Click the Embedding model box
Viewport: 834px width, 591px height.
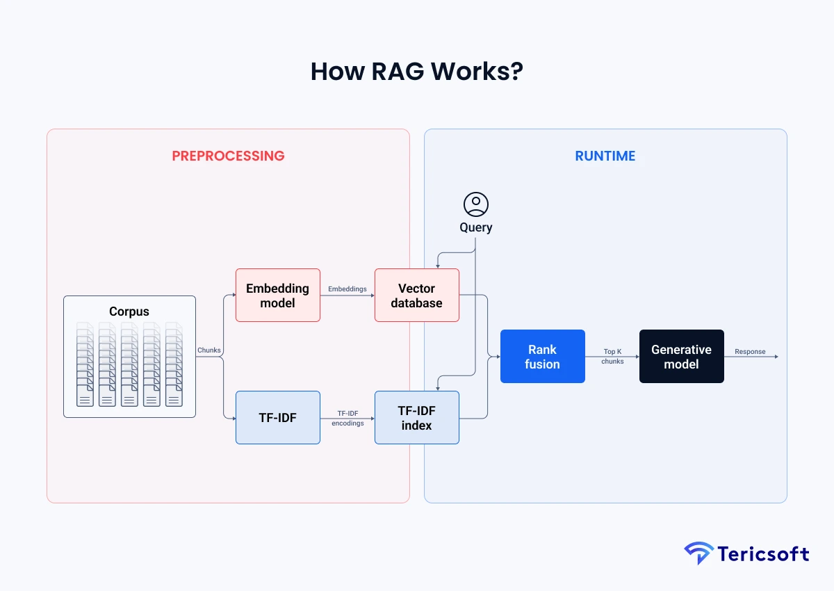278,295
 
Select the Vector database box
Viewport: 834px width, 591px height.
417,295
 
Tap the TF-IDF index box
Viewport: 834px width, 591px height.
417,418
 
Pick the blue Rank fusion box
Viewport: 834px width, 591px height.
543,357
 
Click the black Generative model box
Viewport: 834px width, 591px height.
682,357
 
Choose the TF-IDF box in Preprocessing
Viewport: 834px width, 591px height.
278,418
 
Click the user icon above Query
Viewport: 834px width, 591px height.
476,204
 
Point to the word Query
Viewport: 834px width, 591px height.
476,227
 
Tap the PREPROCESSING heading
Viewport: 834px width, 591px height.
228,156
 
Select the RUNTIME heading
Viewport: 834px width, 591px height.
605,156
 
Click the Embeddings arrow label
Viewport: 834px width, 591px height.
347,289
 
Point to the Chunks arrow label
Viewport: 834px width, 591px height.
209,350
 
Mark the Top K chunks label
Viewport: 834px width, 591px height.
612,357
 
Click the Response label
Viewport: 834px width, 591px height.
750,352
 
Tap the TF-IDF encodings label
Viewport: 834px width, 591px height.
347,418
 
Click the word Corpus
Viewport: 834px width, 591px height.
129,311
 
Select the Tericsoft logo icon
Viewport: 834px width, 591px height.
698,553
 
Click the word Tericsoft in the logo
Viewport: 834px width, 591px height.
762,554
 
